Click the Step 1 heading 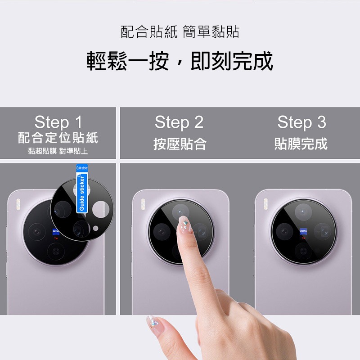[x=58, y=122]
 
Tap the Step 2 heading [x=179, y=122]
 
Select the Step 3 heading [x=301, y=122]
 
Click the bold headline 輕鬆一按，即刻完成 [x=180, y=61]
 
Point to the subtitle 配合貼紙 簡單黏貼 [x=180, y=32]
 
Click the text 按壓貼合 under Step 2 [x=180, y=144]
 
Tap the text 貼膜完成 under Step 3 [x=301, y=144]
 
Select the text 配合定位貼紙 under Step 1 [x=58, y=137]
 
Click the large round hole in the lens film [x=100, y=209]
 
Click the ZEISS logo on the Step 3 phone [x=303, y=231]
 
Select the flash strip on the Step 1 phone [x=18, y=203]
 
